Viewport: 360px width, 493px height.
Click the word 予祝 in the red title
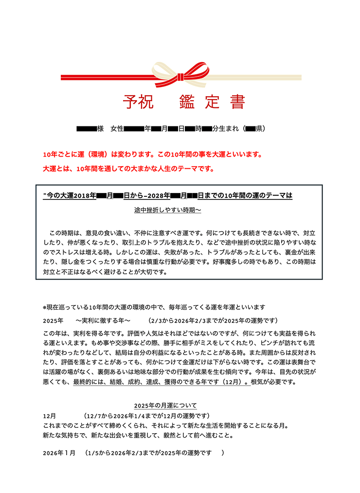click(x=138, y=102)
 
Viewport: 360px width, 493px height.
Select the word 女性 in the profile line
click(x=117, y=129)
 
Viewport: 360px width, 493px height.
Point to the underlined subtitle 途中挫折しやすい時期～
click(x=168, y=210)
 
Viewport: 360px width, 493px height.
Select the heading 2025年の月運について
click(x=165, y=405)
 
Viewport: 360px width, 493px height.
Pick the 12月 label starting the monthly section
click(x=50, y=416)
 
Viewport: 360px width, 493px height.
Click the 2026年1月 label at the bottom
click(x=59, y=453)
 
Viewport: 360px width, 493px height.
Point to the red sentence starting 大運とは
click(x=128, y=169)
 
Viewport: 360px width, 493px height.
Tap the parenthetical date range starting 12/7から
click(x=146, y=416)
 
